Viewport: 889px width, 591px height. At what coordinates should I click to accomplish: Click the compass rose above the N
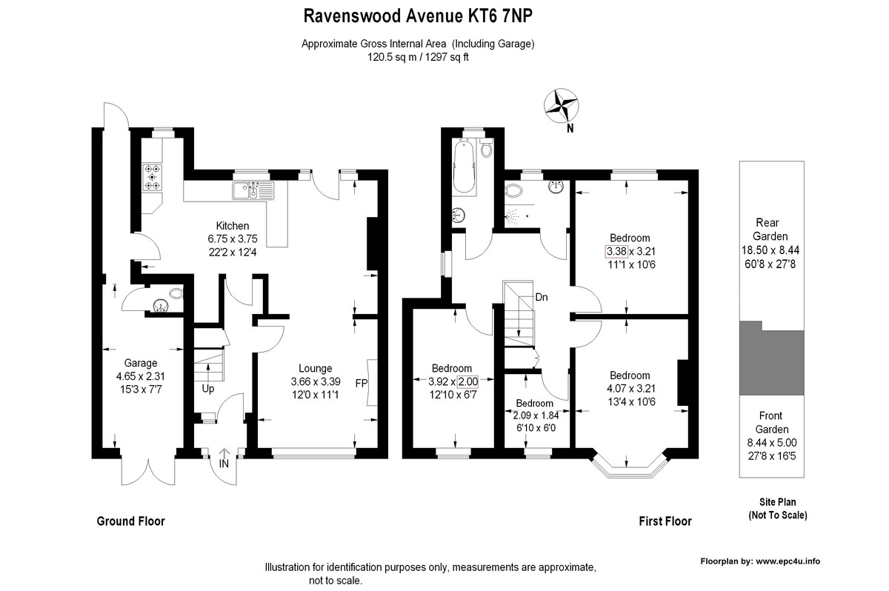coord(562,105)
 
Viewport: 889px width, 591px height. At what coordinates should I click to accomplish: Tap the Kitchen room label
coord(233,226)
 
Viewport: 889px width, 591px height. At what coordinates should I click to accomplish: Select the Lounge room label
coord(315,368)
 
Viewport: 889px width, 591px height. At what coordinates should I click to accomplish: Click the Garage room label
coord(141,363)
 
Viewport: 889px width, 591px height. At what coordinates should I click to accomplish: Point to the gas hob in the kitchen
coord(152,177)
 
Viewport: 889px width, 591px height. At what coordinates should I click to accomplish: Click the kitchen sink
coord(253,190)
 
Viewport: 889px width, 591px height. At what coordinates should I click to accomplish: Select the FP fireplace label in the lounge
coord(362,383)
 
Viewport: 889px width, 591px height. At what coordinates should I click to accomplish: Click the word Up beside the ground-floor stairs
coord(208,389)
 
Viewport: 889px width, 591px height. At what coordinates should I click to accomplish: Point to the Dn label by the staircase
coord(542,297)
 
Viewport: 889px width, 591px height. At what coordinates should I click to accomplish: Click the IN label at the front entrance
coord(224,464)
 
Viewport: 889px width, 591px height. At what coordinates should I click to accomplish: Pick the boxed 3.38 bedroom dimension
coord(616,251)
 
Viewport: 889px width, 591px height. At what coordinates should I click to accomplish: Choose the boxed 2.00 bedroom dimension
coord(468,381)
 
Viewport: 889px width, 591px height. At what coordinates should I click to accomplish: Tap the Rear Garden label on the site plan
coord(770,230)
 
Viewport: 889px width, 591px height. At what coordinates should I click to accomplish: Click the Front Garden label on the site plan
coord(771,422)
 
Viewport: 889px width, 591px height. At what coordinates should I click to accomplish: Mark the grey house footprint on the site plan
coord(771,358)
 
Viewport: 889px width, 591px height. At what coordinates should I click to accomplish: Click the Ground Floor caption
coord(130,521)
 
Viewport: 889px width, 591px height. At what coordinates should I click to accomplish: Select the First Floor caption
coord(665,521)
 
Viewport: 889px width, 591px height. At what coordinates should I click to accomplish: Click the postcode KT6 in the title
coord(477,16)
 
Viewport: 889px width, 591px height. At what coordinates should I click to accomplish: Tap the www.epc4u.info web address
coord(788,561)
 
